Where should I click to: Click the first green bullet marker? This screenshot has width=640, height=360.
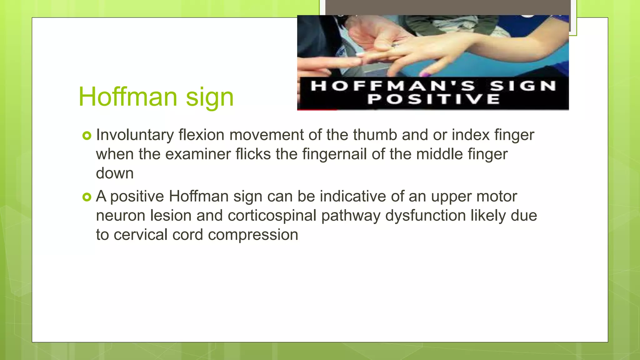[x=87, y=136]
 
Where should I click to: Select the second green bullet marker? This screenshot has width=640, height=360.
[x=87, y=197]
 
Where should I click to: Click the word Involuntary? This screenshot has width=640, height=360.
[x=135, y=135]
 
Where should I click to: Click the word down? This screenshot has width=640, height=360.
[x=115, y=173]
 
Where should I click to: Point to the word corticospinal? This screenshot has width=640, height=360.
[x=272, y=216]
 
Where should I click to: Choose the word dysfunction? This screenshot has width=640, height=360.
[x=425, y=216]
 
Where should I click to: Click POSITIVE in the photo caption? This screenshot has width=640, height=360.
[x=433, y=99]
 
